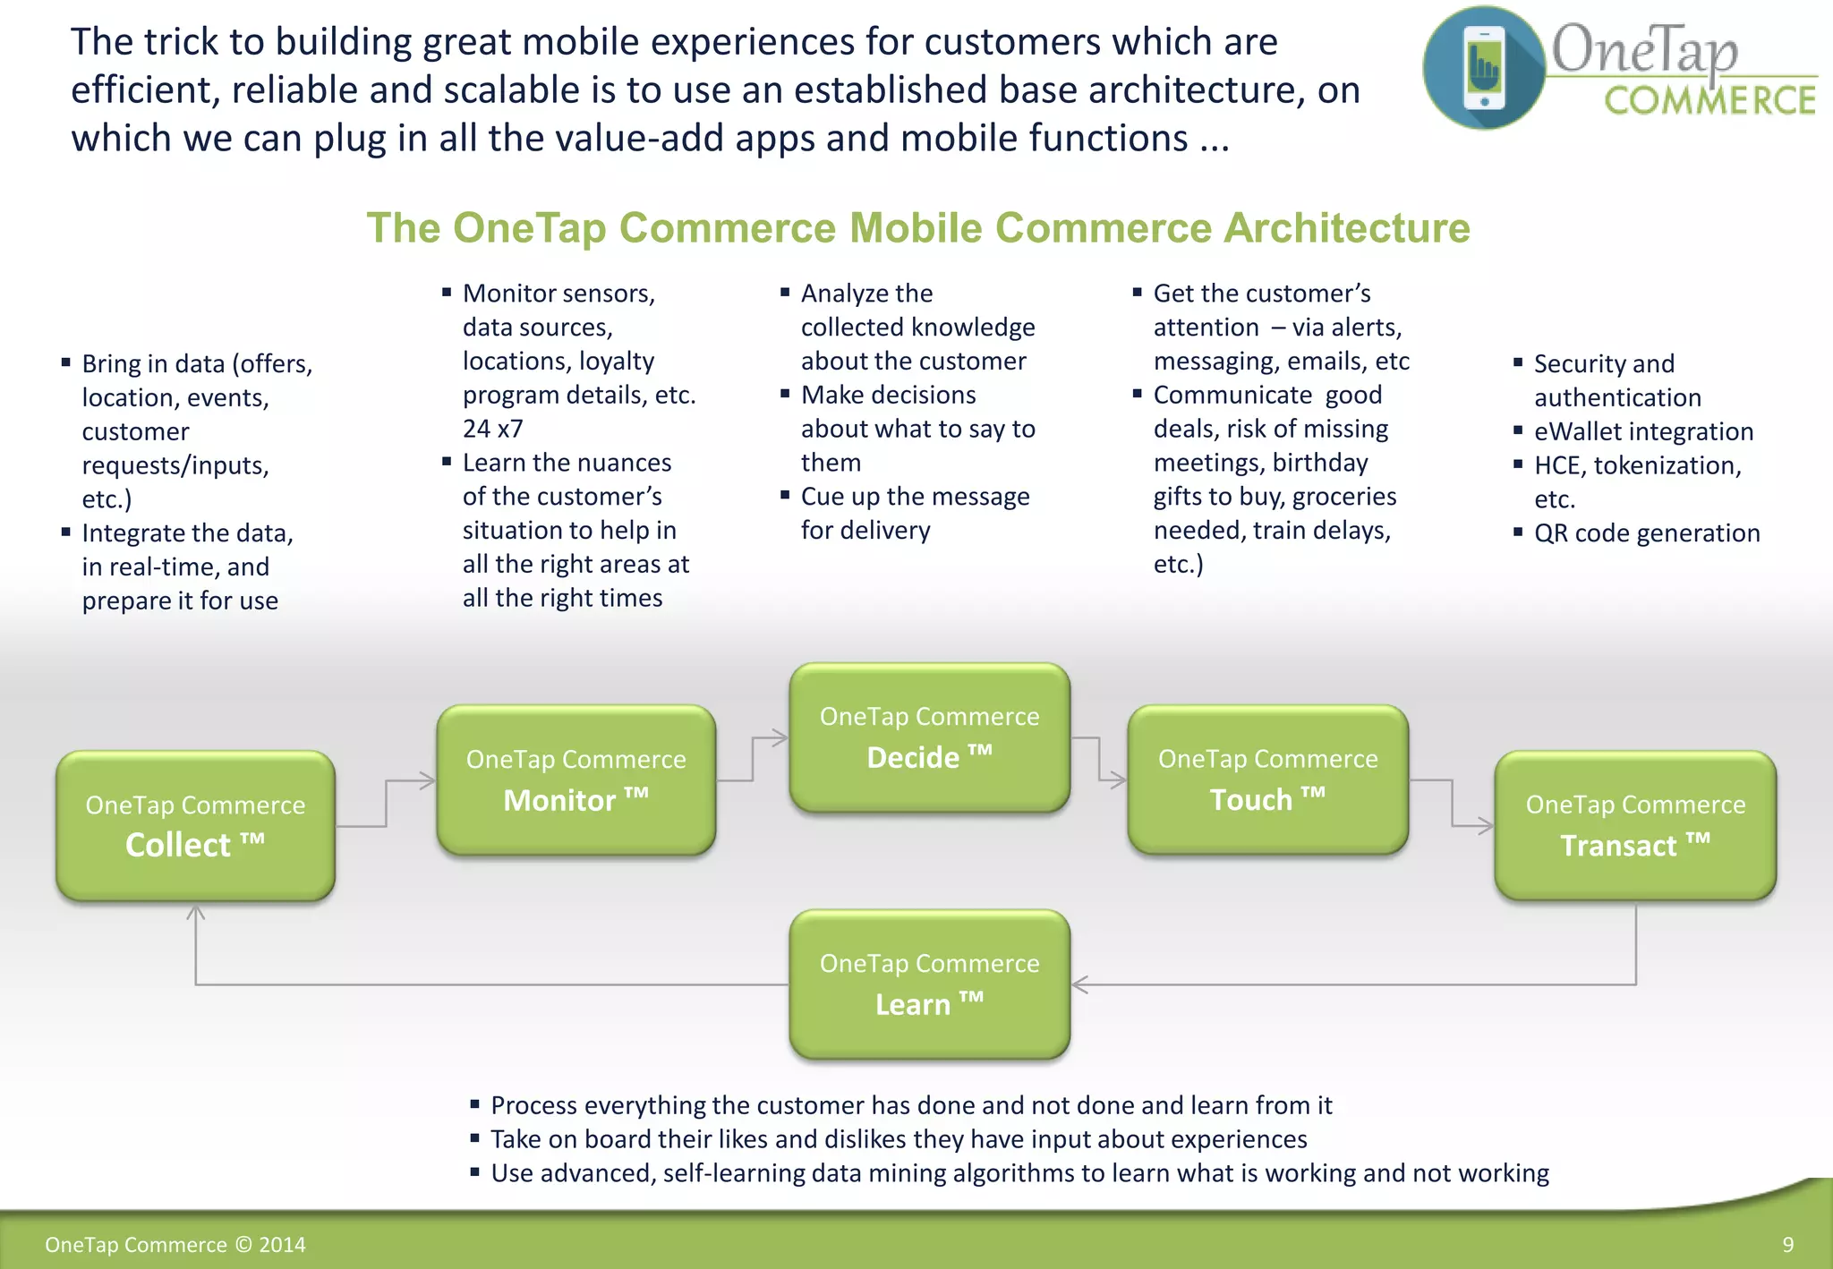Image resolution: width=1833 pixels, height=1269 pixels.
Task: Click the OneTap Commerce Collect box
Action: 195,825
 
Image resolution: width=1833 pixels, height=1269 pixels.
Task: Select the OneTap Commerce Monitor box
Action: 575,779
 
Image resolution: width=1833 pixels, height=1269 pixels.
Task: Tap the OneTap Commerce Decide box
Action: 929,737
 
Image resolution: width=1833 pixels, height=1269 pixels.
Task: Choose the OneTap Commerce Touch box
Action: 1267,779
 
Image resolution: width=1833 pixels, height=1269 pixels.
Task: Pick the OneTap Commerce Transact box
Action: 1635,825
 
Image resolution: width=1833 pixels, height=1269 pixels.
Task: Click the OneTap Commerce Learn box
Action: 929,984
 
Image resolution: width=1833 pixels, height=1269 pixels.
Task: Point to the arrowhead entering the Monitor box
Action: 429,781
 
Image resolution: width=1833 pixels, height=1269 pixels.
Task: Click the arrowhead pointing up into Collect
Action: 196,913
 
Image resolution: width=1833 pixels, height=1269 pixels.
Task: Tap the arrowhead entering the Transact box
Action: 1487,826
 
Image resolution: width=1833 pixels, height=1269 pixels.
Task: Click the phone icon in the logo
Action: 1484,68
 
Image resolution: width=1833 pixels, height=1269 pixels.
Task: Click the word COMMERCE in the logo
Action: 1709,101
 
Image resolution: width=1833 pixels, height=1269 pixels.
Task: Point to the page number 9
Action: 1787,1245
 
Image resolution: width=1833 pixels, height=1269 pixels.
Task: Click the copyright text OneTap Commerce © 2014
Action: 175,1245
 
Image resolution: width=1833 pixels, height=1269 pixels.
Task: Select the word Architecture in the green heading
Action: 1346,227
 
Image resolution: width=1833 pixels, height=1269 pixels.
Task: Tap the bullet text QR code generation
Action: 1646,533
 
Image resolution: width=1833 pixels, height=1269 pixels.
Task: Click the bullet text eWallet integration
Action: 1643,431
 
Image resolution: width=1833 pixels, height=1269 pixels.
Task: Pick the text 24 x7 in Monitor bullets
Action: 492,429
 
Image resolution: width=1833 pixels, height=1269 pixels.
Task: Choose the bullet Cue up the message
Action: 915,497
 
